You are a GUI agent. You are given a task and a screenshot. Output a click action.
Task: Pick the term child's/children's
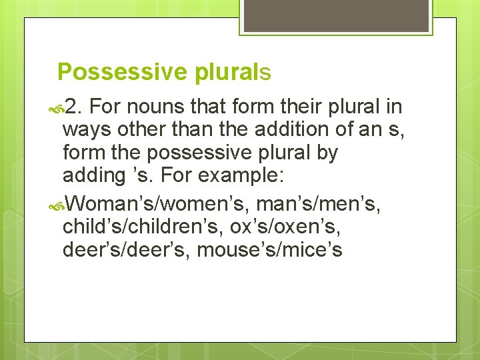point(142,225)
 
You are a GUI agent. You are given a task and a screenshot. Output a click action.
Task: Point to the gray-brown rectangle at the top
point(335,16)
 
